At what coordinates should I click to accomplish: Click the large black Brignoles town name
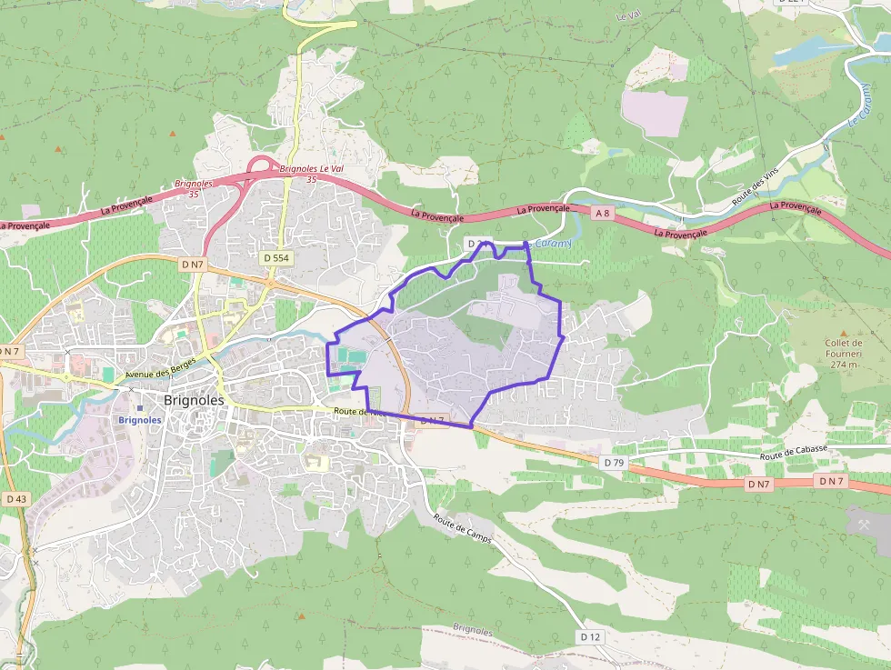pos(194,400)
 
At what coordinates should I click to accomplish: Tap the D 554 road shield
pos(276,258)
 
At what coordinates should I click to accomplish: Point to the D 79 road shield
pos(614,463)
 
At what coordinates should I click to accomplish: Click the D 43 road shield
pos(16,499)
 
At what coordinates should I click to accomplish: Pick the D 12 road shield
pos(590,636)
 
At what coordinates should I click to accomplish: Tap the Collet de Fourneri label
pos(843,348)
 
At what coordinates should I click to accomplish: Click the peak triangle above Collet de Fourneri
pos(843,333)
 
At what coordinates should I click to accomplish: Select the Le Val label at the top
pos(628,16)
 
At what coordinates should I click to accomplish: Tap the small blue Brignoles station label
pos(140,420)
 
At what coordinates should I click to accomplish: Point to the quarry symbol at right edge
pos(863,522)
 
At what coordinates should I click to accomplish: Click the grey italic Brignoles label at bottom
pos(472,630)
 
